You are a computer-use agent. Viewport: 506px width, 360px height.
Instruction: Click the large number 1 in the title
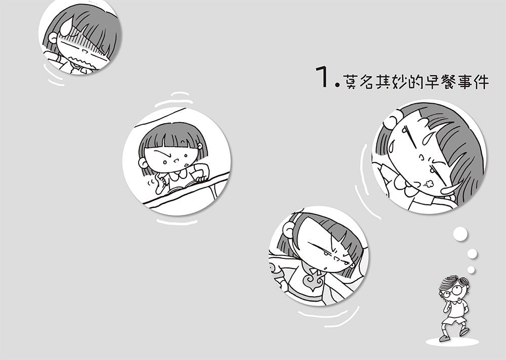pyautogui.click(x=322, y=76)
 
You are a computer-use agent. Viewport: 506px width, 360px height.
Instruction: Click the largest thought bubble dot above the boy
pyautogui.click(x=460, y=234)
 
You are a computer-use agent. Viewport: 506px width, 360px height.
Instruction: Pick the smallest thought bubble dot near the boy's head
pyautogui.click(x=471, y=269)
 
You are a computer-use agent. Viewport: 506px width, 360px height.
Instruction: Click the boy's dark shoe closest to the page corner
pyautogui.click(x=463, y=332)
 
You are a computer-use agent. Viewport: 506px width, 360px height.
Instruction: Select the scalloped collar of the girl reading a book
pyautogui.click(x=178, y=174)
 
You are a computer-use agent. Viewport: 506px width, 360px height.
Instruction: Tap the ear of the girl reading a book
pyautogui.click(x=143, y=163)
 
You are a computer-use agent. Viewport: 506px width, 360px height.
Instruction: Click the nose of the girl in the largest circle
pyautogui.click(x=421, y=157)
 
